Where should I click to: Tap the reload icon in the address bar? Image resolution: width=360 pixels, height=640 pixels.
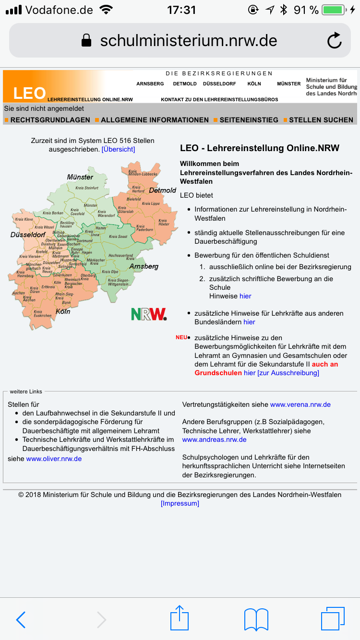(x=334, y=41)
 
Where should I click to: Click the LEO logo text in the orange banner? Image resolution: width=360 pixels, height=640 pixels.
(x=29, y=93)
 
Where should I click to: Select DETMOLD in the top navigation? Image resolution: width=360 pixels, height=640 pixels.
(x=185, y=83)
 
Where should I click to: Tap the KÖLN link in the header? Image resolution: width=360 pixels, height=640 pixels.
(x=254, y=83)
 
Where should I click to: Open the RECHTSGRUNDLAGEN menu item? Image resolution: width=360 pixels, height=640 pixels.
(x=50, y=120)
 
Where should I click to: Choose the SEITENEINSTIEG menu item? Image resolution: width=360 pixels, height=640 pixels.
(x=249, y=120)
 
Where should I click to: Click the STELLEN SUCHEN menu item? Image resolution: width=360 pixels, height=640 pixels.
(x=321, y=120)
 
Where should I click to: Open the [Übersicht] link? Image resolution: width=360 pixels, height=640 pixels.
(x=118, y=149)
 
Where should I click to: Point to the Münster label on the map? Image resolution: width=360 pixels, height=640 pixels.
(x=80, y=177)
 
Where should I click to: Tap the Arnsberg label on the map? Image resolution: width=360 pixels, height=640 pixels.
(x=144, y=266)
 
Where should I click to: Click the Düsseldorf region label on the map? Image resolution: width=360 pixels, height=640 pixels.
(x=28, y=235)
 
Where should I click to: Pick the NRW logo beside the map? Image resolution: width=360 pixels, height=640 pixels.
(x=149, y=314)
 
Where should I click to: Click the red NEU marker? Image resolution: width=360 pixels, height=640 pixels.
(x=181, y=337)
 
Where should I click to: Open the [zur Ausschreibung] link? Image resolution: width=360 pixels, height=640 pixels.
(x=288, y=373)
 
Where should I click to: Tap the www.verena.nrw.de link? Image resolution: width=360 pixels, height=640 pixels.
(x=300, y=404)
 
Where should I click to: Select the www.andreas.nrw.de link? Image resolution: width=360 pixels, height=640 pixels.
(x=214, y=439)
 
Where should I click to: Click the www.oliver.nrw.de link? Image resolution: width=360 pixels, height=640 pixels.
(x=54, y=459)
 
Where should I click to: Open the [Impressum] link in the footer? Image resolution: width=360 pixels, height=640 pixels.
(x=180, y=503)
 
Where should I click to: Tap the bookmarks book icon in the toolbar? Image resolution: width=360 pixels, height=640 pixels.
(x=256, y=619)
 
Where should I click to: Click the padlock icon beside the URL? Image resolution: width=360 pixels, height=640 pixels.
(x=86, y=41)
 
